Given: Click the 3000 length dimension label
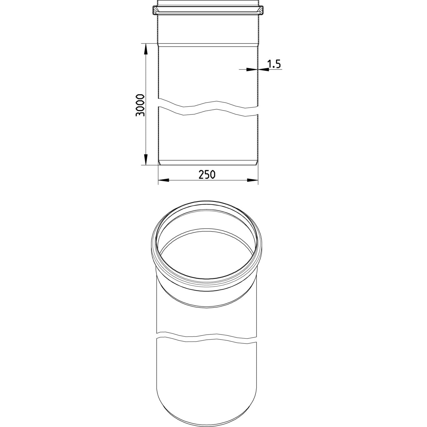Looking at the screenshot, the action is coord(140,105).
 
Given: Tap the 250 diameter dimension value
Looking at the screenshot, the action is coord(207,175).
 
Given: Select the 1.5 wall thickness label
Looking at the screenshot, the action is coord(274,64).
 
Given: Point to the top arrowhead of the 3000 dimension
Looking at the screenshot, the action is coord(146,49).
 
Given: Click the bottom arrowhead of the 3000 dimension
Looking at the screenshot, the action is coord(146,159).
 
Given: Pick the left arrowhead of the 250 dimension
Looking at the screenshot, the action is coord(163,180).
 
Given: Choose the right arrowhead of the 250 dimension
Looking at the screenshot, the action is coord(253,180).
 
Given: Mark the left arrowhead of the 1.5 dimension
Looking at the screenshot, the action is coord(252,70).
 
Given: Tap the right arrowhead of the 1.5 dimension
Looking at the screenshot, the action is coord(264,70).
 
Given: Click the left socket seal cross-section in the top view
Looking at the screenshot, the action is coord(155,10).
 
